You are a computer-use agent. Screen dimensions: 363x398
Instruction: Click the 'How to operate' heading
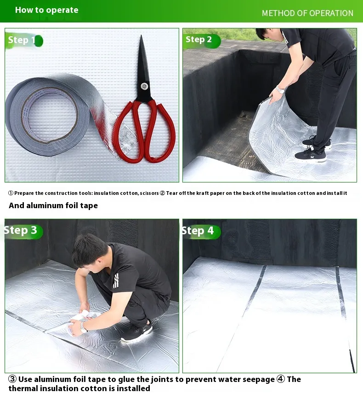(46, 10)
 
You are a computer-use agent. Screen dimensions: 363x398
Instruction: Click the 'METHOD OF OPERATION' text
(307, 13)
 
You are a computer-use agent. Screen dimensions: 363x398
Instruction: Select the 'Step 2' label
(199, 39)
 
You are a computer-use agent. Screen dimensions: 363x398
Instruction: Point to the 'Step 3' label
(20, 230)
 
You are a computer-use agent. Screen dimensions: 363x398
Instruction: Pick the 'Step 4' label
(198, 231)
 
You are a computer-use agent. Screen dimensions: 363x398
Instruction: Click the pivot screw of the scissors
(144, 86)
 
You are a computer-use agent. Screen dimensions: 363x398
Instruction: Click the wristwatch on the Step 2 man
(280, 89)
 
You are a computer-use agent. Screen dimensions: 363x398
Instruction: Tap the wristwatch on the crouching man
(83, 327)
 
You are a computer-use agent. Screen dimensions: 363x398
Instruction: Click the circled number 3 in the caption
(12, 379)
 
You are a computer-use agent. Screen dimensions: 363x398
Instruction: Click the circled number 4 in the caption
(281, 379)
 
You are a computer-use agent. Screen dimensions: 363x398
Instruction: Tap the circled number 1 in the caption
(11, 193)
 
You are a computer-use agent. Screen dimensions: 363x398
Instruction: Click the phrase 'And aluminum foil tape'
(53, 205)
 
